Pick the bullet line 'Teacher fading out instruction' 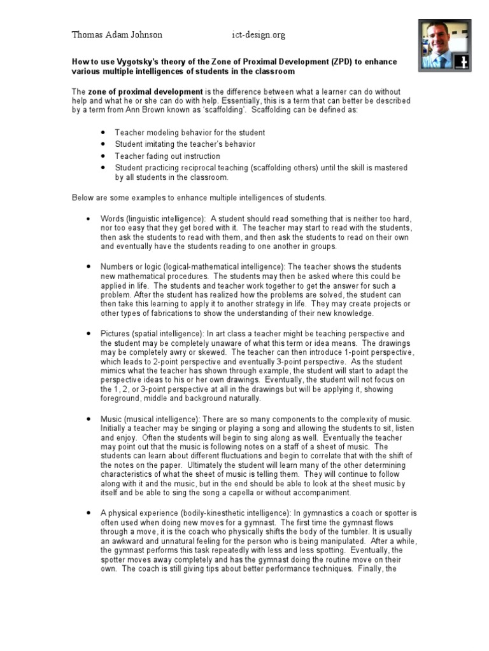167,156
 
